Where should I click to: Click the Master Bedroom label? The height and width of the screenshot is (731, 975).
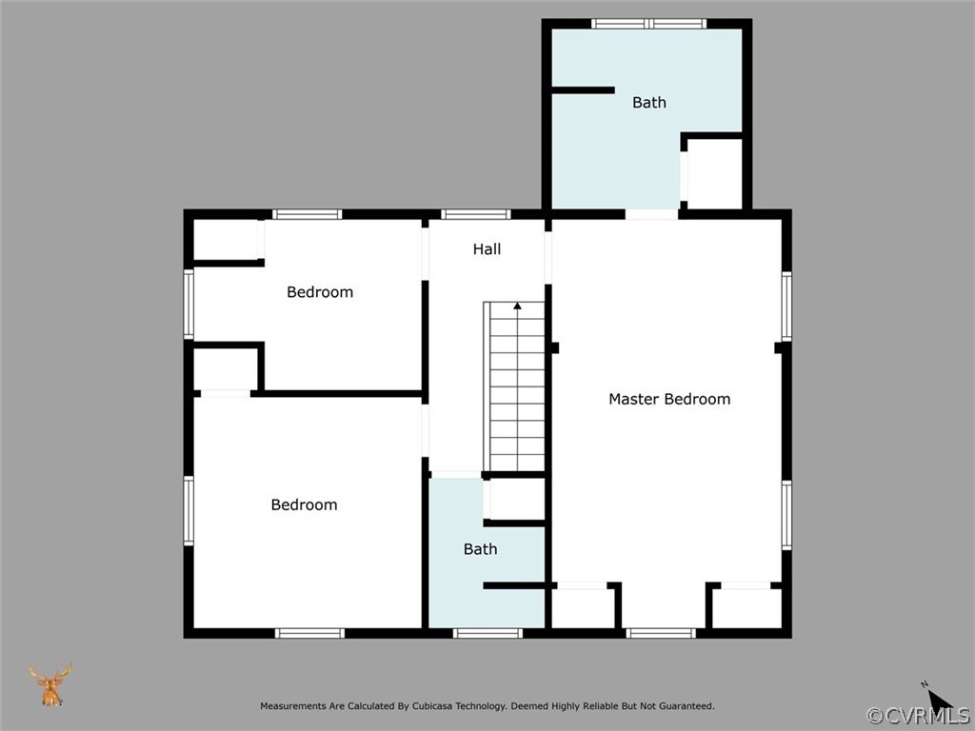point(669,399)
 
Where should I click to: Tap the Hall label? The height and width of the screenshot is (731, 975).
point(487,249)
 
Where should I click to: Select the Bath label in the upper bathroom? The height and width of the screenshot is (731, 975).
point(649,103)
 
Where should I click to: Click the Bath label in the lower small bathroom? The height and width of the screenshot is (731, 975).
point(480,549)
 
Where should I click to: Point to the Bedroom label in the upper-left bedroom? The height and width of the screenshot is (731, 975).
point(320,292)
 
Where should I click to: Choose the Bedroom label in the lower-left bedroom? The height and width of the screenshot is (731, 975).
point(304,505)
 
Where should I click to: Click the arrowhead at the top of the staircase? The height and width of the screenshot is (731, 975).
point(517,306)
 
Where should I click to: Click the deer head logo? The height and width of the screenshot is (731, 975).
point(50,684)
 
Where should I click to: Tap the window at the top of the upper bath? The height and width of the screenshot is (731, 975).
point(648,24)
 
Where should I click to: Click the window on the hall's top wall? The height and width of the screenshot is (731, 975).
point(475,214)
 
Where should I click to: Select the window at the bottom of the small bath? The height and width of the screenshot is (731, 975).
point(487,633)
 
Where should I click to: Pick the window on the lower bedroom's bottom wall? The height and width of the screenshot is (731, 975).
point(309,633)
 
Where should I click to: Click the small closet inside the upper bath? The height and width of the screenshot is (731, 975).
point(714,174)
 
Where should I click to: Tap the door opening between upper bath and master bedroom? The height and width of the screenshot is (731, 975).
point(652,214)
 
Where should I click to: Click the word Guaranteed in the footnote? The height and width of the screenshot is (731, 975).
point(684,706)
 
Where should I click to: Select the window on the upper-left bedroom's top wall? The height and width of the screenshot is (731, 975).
point(307,214)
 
